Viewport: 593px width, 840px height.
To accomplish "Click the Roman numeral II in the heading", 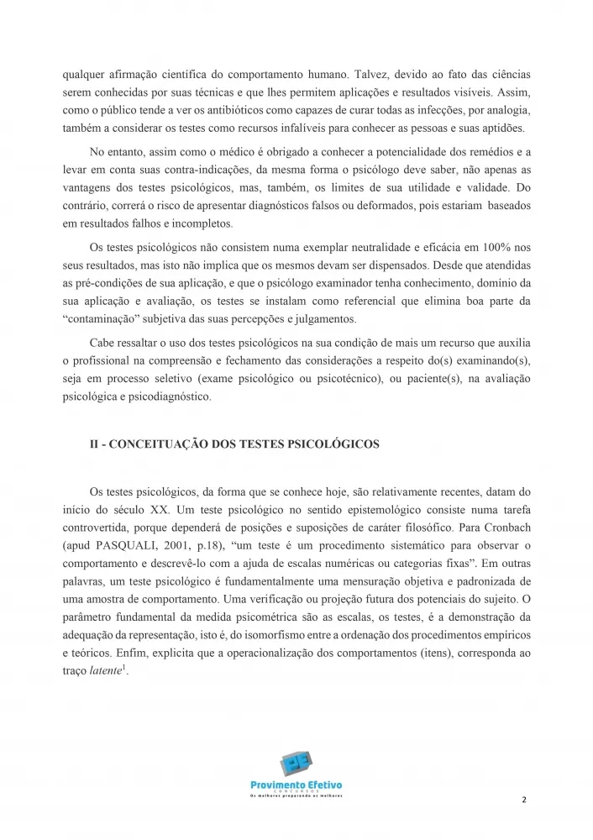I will coord(95,444).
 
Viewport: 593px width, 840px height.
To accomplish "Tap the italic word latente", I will coord(107,674).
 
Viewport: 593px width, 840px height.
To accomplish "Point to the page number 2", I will coord(523,799).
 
